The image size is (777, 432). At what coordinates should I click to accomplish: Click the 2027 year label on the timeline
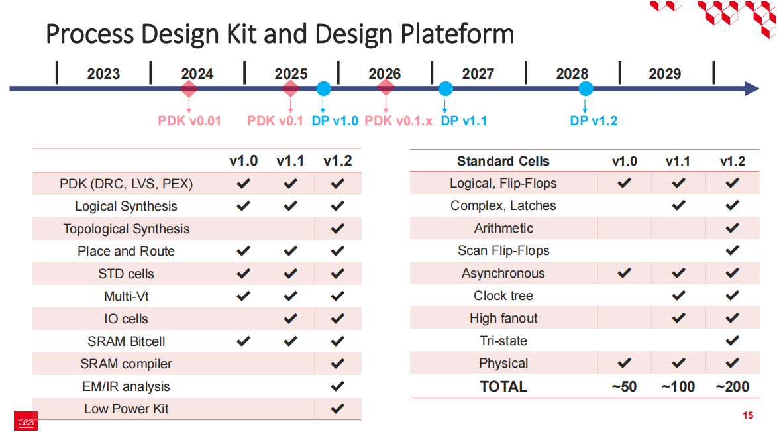[x=478, y=74]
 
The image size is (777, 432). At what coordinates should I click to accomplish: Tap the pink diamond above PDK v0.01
[x=189, y=89]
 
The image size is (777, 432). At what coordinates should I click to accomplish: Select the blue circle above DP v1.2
[x=585, y=89]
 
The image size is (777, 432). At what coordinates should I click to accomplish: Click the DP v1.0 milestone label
[x=335, y=121]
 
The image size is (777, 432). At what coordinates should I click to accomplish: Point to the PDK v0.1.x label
[x=399, y=121]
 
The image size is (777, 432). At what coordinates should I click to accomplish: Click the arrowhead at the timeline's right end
[x=752, y=89]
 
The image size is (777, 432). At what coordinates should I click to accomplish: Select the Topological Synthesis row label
[x=127, y=229]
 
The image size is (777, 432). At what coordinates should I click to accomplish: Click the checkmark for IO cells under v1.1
[x=290, y=319]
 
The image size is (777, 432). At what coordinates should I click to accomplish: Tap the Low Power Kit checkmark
[x=337, y=409]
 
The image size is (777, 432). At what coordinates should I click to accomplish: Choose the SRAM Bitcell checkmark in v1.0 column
[x=243, y=341]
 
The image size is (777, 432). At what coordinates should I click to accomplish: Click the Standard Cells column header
[x=503, y=161]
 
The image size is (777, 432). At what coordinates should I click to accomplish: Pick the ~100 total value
[x=678, y=386]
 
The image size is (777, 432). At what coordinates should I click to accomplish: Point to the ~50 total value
[x=623, y=386]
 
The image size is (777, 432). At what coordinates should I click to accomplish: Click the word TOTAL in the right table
[x=503, y=386]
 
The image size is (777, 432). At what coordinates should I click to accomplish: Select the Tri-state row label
[x=503, y=341]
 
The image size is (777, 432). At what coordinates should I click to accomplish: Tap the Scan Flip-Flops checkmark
[x=732, y=250]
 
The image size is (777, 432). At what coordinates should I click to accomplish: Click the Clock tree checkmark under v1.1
[x=678, y=296]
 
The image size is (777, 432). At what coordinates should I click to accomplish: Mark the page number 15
[x=748, y=416]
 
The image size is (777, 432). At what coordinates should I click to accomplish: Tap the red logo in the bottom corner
[x=26, y=421]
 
